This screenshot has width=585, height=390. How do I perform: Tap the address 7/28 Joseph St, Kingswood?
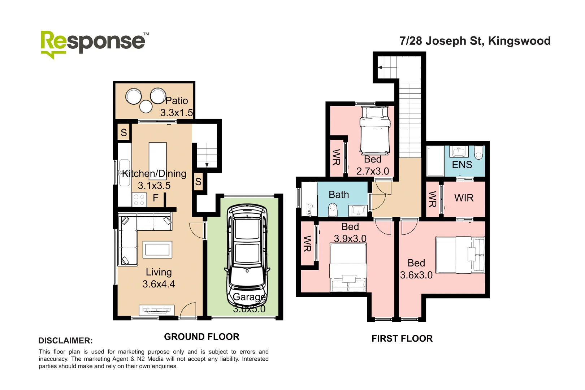[x=475, y=41]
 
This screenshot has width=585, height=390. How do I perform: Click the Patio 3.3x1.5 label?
[x=176, y=107]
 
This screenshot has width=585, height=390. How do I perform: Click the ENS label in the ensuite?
[x=462, y=165]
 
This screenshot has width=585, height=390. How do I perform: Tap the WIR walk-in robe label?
[x=464, y=198]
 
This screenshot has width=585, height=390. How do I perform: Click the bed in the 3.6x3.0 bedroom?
[x=460, y=255]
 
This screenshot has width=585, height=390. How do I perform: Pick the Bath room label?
[x=339, y=195]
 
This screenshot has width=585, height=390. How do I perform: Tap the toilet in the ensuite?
[x=478, y=152]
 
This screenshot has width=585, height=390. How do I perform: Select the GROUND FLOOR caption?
[x=201, y=337]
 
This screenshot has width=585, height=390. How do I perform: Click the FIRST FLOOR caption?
[x=402, y=339]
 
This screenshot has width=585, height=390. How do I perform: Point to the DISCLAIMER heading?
[x=65, y=341]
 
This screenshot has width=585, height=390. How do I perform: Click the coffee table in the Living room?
[x=157, y=250]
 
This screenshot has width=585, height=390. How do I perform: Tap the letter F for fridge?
[x=156, y=198]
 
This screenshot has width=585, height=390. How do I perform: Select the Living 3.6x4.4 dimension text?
[x=159, y=284]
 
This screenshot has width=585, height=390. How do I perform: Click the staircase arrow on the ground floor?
[x=207, y=164]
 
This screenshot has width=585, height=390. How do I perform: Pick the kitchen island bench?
[x=158, y=161]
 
